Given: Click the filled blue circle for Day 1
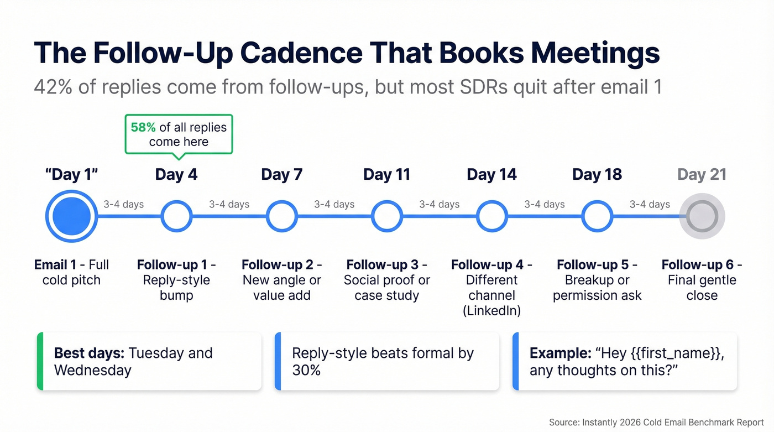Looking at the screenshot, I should coord(71,216).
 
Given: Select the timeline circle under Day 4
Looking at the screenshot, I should coord(176,216).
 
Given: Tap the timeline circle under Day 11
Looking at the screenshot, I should coord(387,216).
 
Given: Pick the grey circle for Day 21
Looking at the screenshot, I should coord(702,216).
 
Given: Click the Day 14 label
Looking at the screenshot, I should coord(491,175).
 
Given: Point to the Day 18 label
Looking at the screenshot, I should coord(597,175).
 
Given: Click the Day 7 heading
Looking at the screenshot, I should coord(281,175).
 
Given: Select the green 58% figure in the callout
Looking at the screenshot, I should coord(143,127).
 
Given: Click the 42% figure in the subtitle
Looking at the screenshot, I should coord(53,87).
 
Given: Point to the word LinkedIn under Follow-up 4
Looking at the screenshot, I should coord(491,310).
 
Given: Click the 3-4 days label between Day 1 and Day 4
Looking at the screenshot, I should coord(124,205).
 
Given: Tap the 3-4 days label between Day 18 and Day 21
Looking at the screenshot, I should coord(650,205).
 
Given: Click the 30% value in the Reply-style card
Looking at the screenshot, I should coord(306,369).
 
